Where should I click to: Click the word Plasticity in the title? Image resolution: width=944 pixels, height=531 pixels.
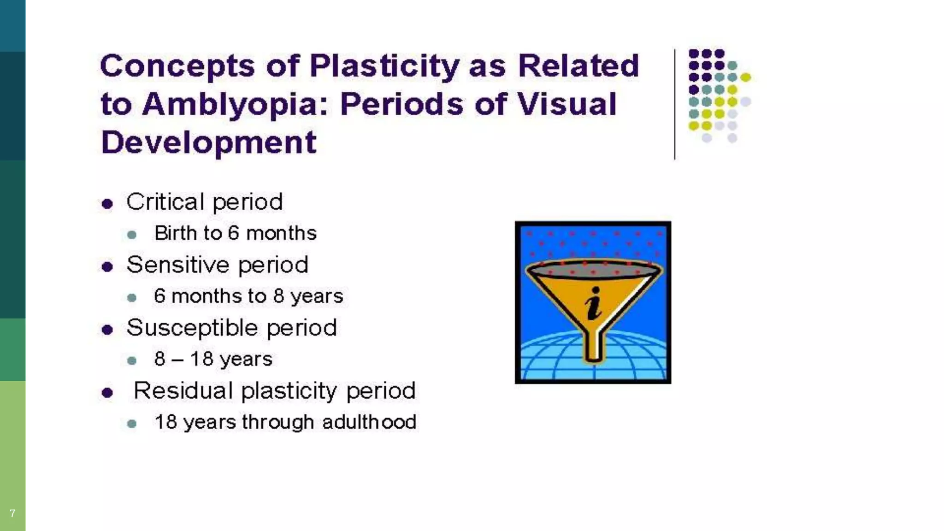[x=384, y=66]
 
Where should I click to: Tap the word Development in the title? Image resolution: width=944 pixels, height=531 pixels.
[x=208, y=142]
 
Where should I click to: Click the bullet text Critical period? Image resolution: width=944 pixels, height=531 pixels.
[x=204, y=202]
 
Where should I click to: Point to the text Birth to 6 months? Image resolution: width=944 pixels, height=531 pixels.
[x=235, y=233]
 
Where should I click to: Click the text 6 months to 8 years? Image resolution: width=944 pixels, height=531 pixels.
[x=248, y=296]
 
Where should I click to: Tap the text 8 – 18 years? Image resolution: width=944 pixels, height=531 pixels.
[x=213, y=359]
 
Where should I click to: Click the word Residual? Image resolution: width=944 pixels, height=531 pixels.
[x=183, y=391]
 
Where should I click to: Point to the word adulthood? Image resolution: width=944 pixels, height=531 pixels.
[x=369, y=422]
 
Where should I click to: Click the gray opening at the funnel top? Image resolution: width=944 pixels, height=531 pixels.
[x=593, y=269]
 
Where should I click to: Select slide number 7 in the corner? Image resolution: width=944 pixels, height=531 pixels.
[x=12, y=513]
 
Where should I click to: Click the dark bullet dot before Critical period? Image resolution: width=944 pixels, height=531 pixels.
[x=107, y=204]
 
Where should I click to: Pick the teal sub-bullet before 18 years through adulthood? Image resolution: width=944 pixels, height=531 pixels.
[x=132, y=424]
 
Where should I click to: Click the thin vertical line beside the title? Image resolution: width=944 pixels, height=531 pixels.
[x=674, y=104]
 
